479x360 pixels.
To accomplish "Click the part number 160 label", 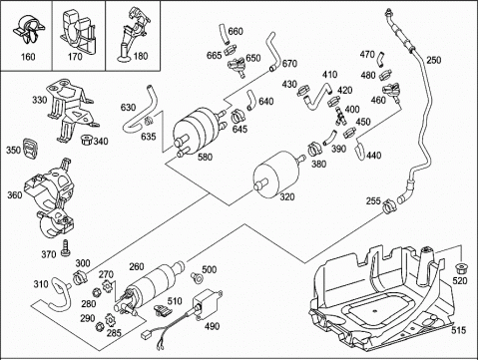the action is pos(28,57).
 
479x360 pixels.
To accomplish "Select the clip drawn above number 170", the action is pos(78,31).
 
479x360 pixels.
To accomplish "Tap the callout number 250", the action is pos(434,60).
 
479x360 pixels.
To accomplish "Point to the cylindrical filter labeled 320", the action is pos(276,175).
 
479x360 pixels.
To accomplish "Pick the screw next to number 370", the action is pos(65,248).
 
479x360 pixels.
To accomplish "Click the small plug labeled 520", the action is pos(460,267).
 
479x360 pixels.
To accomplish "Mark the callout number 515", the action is pos(459,330).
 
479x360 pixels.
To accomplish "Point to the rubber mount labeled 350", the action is pos(30,150).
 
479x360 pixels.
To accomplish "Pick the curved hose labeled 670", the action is pos(272,52).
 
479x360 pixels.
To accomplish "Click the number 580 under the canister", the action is pos(205,157).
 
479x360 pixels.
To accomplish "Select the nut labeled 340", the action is pos(87,140).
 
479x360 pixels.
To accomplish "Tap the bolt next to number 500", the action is pos(197,277).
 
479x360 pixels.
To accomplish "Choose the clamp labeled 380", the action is pos(313,150).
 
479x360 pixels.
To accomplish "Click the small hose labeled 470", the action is pos(381,59).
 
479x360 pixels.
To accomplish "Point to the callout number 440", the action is pos(374,156).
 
